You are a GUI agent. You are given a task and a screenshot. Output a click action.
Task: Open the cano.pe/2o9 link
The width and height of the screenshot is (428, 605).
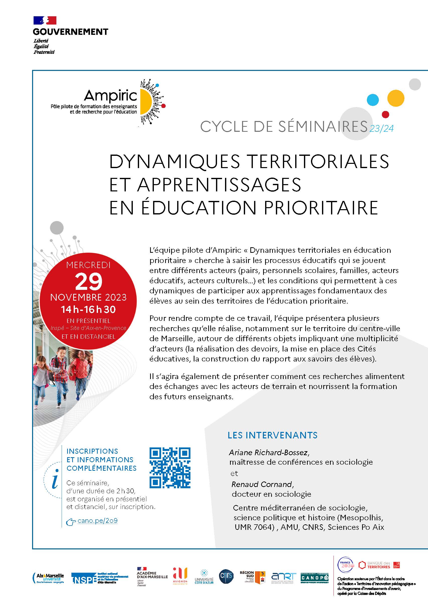97,521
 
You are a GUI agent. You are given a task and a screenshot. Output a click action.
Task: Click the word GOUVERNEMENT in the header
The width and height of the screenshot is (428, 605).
71,32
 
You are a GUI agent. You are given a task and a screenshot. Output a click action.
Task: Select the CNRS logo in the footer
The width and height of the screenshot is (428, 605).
226,576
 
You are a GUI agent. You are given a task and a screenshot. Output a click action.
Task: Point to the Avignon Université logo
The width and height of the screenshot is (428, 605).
180,576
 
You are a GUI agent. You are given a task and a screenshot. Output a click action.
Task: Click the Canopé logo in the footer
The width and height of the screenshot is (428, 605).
314,578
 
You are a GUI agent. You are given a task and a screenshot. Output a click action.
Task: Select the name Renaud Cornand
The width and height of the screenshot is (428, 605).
262,484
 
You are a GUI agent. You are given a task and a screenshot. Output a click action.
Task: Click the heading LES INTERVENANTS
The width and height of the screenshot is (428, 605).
272,435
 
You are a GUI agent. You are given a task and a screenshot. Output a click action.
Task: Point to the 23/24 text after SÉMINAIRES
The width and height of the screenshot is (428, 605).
381,128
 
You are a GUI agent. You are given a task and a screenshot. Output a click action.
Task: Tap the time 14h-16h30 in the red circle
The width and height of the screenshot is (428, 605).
88,309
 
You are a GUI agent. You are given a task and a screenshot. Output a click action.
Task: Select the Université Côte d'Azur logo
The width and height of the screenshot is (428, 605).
204,577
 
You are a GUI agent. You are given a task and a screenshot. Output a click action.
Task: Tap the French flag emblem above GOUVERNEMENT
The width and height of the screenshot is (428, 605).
45,20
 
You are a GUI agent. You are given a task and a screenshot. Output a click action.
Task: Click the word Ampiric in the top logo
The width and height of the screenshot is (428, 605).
111,96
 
